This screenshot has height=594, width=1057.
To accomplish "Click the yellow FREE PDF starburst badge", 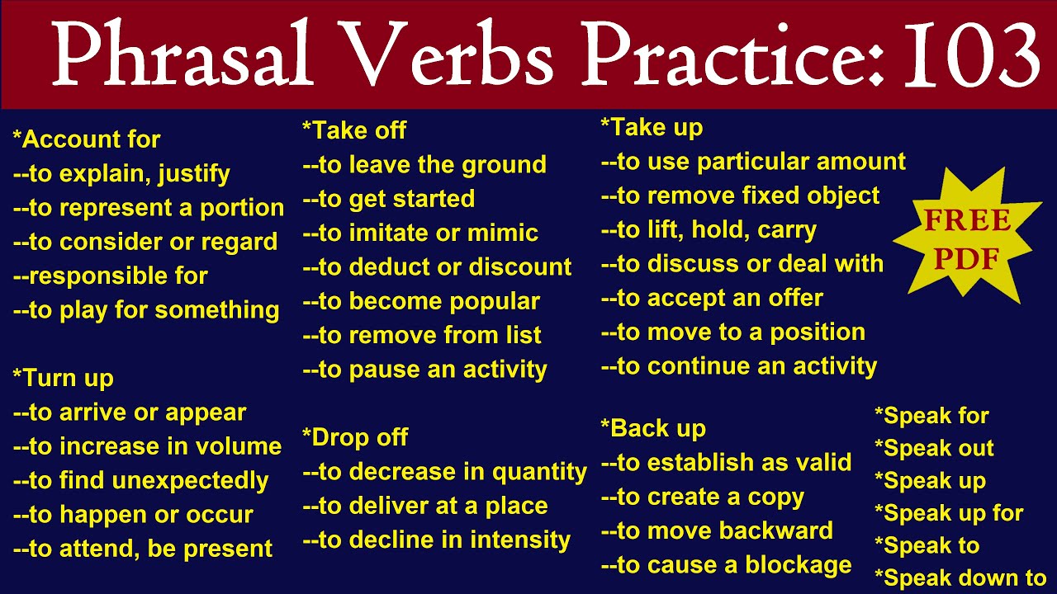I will (x=967, y=239).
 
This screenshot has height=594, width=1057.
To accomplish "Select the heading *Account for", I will (x=87, y=139).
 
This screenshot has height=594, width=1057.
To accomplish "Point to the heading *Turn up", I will (x=64, y=378).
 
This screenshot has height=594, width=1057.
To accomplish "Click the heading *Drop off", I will (x=356, y=437).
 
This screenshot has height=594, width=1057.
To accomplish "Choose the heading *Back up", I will (x=654, y=429).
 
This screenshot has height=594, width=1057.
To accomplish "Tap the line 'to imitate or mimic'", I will (x=420, y=233).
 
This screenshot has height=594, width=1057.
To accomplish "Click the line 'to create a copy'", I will (x=702, y=497).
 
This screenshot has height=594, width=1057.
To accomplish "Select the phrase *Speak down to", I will (x=960, y=578).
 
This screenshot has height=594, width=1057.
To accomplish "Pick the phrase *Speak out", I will (x=934, y=449).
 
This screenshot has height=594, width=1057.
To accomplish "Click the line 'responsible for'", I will (x=110, y=276).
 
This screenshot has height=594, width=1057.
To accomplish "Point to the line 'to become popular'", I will (x=421, y=301).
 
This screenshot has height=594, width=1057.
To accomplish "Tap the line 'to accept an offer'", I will (x=712, y=298).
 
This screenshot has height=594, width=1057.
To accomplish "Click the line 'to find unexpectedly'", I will (x=140, y=480).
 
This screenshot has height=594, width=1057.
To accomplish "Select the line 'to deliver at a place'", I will (x=425, y=506).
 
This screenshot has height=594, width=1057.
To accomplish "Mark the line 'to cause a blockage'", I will (x=726, y=565).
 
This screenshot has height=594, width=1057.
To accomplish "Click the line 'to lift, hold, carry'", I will (x=709, y=229).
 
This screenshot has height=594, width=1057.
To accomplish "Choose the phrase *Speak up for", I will (x=949, y=513).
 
